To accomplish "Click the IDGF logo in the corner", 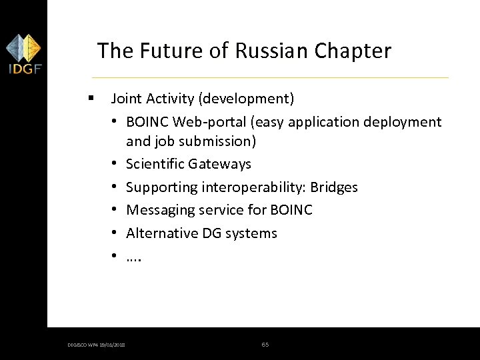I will pos(23,55).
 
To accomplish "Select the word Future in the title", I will pos(170,51).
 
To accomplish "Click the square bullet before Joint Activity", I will pos(89,99).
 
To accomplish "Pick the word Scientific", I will pos(155,164).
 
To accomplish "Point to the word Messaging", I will pos(159,210).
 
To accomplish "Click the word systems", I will pos(252,233).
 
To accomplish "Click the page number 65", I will pos(265,344).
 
